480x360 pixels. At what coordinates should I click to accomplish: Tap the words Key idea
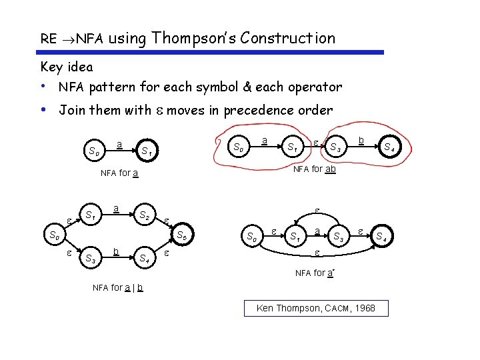(x=67, y=67)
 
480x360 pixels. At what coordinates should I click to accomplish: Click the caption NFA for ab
(x=315, y=169)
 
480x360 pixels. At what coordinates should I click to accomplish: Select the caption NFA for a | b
(x=117, y=288)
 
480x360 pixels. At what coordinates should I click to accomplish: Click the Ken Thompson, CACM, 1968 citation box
(x=316, y=308)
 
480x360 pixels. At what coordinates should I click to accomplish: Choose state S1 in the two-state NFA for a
(x=147, y=151)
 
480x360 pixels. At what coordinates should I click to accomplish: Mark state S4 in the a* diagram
(x=381, y=236)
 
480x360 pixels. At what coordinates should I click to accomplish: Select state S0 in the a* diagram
(x=251, y=236)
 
